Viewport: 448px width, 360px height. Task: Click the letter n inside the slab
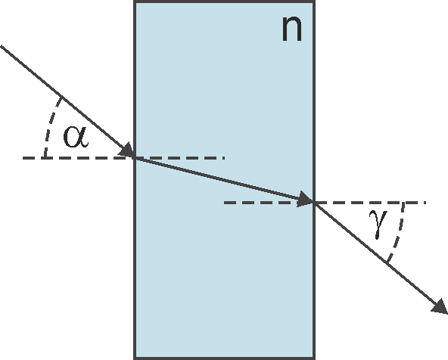point(291,29)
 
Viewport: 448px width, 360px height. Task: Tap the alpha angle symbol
point(76,137)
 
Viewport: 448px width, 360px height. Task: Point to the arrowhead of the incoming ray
point(127,150)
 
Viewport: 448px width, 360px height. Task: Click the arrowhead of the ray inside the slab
point(305,199)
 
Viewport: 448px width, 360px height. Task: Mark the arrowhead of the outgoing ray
point(440,306)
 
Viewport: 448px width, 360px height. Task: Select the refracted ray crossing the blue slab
point(225,180)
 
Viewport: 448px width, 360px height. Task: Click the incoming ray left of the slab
point(67,101)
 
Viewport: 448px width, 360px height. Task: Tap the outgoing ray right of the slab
point(381,259)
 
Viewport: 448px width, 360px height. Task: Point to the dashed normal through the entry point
point(123,157)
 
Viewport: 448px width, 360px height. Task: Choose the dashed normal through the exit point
point(325,203)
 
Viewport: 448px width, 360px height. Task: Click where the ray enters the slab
point(135,157)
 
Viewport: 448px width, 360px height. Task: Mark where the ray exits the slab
point(315,203)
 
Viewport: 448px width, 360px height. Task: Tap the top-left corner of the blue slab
point(135,2)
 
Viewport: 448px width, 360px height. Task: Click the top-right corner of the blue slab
point(315,2)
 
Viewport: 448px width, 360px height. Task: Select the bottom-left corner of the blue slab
point(135,358)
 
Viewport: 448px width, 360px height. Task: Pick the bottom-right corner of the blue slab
point(315,358)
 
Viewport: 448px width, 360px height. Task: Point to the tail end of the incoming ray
point(1,45)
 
